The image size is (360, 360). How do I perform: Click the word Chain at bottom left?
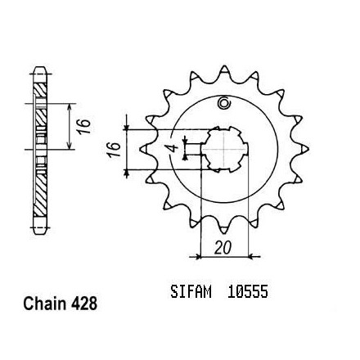click(x=44, y=304)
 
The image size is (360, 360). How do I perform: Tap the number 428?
click(x=84, y=304)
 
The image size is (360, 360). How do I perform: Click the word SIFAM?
click(x=191, y=291)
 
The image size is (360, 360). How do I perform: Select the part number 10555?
click(x=248, y=291)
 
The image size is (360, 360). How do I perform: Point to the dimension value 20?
click(x=223, y=248)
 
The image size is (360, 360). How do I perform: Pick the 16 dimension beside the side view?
click(x=83, y=127)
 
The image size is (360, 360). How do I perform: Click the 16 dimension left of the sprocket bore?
click(x=115, y=150)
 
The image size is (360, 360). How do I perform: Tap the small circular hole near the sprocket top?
click(x=224, y=103)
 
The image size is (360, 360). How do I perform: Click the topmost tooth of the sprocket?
click(x=224, y=69)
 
